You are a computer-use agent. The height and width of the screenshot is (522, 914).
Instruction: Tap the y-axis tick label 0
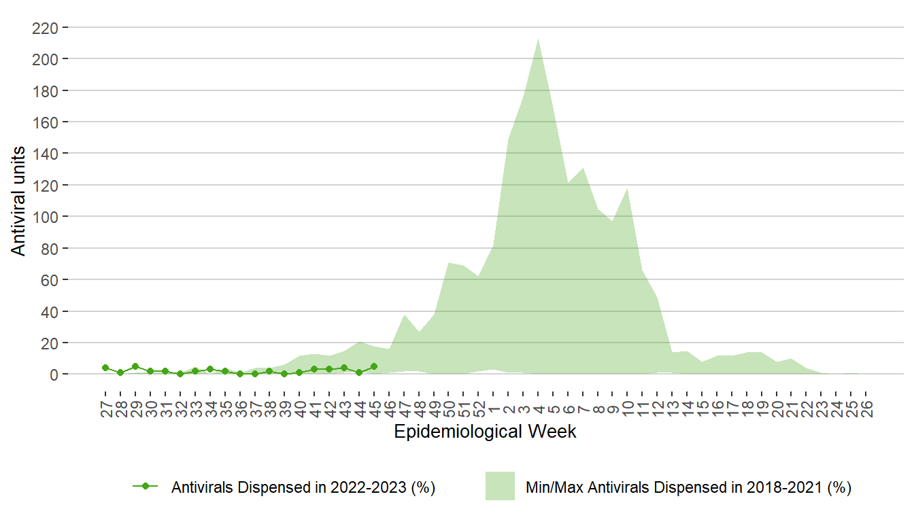(54, 375)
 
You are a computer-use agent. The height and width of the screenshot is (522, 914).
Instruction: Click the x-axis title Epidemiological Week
(485, 432)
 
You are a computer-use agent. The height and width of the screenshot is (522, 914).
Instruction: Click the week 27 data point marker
(105, 368)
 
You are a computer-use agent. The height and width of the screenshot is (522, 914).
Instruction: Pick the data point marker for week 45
(374, 366)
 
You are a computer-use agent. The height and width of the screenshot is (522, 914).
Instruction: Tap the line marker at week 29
(135, 366)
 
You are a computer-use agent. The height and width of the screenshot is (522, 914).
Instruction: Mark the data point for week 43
(344, 368)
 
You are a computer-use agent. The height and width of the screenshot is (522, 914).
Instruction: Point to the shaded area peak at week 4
(539, 39)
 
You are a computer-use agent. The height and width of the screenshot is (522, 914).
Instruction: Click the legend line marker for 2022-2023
(145, 486)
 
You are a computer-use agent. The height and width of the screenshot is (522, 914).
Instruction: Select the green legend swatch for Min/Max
(500, 486)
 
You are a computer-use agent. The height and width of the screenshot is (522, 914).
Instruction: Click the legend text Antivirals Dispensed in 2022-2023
(303, 487)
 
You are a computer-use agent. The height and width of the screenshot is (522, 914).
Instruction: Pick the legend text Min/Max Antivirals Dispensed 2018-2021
(689, 487)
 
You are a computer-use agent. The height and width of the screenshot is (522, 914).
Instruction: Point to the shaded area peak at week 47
(404, 315)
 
